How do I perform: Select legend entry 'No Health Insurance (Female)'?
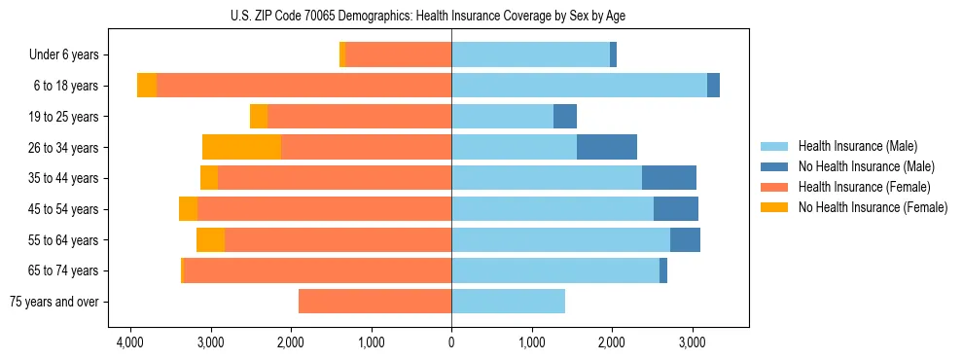coord(873,207)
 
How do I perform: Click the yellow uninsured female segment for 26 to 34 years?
coord(241,148)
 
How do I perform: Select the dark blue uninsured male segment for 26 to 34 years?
coord(607,148)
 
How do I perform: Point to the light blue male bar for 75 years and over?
coord(508,302)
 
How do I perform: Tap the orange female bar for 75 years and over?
coord(374,302)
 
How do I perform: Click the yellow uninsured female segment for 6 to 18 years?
coord(147,86)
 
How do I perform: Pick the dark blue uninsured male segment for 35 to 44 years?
coord(669,178)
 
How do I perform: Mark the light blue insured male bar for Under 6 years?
coord(530,55)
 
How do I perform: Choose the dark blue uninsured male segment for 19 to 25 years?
coord(565,117)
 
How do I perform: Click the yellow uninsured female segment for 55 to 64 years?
coord(210,240)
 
